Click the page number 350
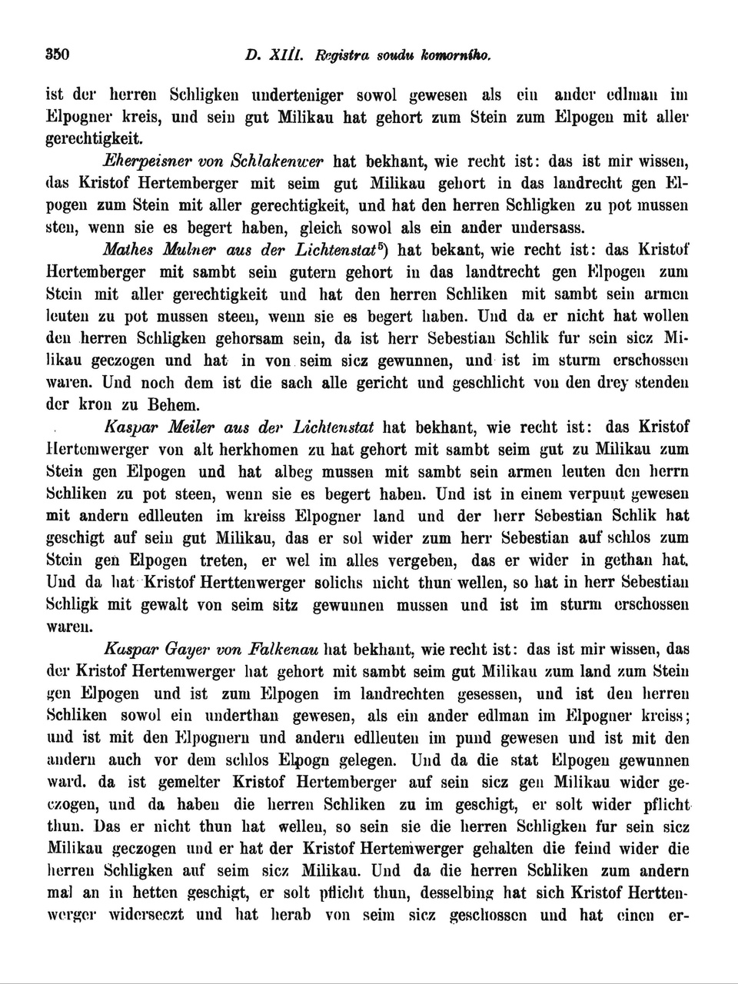(58, 55)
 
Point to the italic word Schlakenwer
(274, 162)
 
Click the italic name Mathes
(128, 251)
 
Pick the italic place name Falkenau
(282, 650)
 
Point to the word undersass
(546, 228)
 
